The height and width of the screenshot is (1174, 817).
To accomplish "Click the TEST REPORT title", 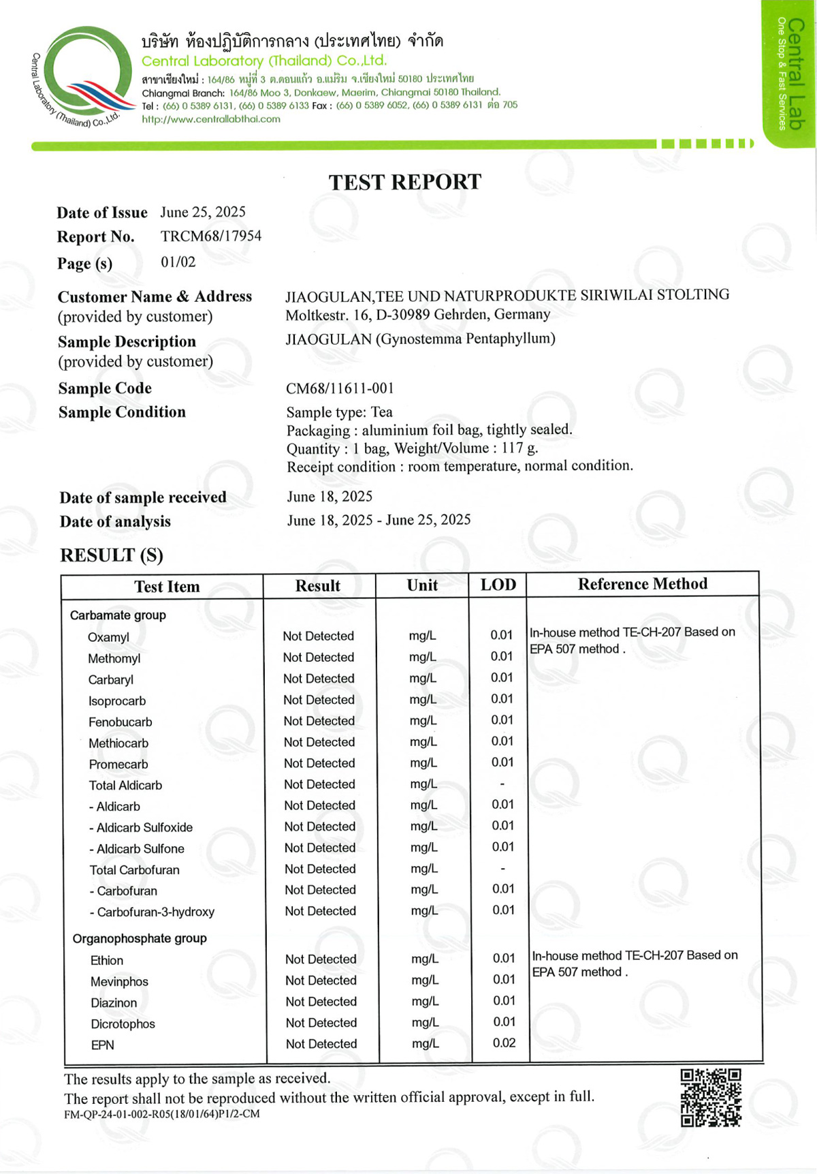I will click(x=404, y=182).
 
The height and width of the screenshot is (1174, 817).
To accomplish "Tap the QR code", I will click(x=710, y=1097).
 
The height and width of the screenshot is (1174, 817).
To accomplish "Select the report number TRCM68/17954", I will click(x=210, y=236).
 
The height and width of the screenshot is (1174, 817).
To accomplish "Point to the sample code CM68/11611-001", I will click(x=340, y=388).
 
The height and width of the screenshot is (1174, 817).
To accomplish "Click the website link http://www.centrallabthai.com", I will click(x=211, y=119).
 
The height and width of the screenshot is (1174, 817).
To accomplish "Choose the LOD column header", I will click(x=498, y=585).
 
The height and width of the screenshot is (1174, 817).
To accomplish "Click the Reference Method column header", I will click(x=642, y=584).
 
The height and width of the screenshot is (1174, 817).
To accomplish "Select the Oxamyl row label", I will click(x=108, y=637).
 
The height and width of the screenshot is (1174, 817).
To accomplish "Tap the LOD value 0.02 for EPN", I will click(x=504, y=1042).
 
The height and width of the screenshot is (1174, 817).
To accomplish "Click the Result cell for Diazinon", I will click(x=321, y=1002).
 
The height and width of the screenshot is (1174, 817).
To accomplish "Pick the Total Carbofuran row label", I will click(x=134, y=870).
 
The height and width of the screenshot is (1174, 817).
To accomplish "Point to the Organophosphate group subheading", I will click(x=140, y=938).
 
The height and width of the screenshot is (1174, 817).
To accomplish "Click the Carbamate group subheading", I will click(x=118, y=615).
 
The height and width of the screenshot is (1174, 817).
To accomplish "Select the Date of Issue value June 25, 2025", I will click(x=203, y=212).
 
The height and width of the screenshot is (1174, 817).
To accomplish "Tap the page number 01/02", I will click(x=178, y=262).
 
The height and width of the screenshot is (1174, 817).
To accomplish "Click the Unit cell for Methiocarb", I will click(x=423, y=742).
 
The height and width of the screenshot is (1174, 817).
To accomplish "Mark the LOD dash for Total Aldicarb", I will click(x=502, y=784).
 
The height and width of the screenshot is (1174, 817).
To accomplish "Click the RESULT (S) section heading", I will click(x=112, y=555).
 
